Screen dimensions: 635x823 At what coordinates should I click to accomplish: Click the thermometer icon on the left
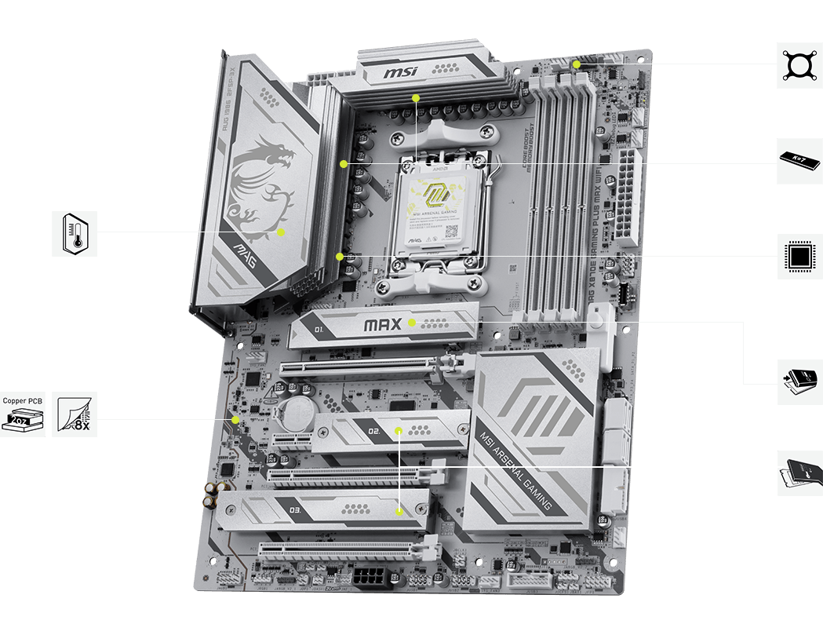(x=75, y=233)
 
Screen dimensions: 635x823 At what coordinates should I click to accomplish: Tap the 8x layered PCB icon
(x=75, y=414)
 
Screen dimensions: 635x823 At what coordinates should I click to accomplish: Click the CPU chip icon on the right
(x=799, y=256)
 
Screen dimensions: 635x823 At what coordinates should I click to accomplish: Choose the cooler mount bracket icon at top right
(x=799, y=64)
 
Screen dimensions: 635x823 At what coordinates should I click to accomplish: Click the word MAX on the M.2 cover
(x=384, y=323)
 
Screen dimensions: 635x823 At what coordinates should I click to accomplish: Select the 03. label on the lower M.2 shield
(x=296, y=511)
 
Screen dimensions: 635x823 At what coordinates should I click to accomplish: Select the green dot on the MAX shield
(x=412, y=322)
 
